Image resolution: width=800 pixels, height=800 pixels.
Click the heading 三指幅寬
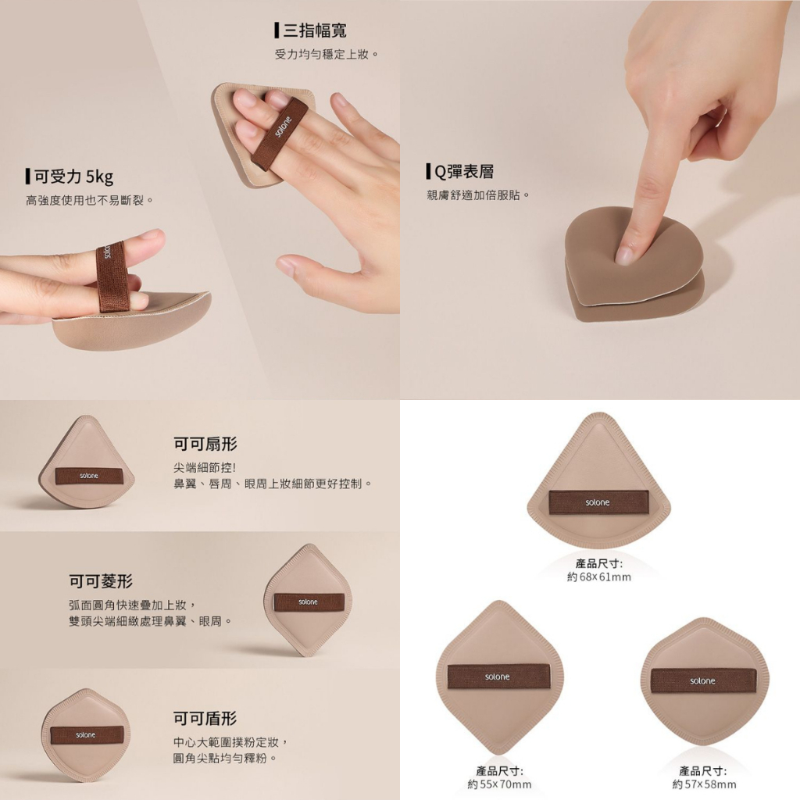coord(315,30)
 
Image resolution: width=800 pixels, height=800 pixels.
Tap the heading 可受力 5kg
coord(73,177)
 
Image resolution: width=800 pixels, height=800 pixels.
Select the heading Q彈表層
coord(464,172)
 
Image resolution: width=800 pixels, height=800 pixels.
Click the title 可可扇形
coord(205,444)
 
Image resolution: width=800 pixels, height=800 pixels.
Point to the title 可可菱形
coord(101,580)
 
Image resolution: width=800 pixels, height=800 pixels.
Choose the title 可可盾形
coord(205,719)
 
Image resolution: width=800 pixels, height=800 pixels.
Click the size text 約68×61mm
coord(599,577)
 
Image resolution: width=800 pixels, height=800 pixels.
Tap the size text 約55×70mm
coord(499,784)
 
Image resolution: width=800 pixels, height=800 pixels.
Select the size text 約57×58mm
coord(704,784)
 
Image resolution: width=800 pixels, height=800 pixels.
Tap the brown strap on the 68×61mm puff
coord(598,502)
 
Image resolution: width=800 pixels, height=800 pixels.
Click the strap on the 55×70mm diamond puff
coord(498,677)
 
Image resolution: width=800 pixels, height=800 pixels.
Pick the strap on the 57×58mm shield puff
coord(703,680)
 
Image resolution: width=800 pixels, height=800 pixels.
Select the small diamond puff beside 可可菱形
coord(308,600)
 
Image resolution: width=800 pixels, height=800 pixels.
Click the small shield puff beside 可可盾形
coord(86,735)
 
